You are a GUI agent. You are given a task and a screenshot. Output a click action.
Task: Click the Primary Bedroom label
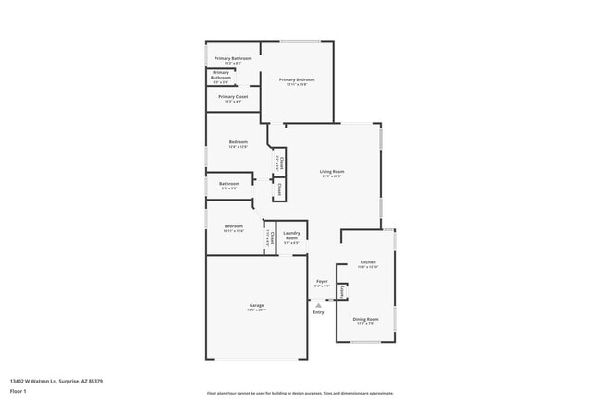point(298,79)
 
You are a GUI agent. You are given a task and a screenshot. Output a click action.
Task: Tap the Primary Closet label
point(233,96)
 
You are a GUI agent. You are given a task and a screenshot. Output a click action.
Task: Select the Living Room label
point(332,171)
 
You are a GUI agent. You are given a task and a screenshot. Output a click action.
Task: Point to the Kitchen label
point(368,262)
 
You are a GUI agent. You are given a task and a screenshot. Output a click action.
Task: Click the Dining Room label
point(365,319)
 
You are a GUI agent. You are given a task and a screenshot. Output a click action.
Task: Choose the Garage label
point(256,305)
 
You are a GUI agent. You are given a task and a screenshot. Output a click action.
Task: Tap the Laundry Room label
point(291,236)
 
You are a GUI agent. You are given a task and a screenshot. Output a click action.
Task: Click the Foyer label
point(322,281)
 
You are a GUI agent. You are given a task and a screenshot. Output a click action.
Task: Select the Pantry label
point(342,292)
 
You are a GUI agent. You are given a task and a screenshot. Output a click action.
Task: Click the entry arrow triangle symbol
point(318,303)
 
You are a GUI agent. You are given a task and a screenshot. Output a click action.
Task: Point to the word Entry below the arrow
point(318,312)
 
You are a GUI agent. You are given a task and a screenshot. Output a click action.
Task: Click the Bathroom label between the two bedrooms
point(229,183)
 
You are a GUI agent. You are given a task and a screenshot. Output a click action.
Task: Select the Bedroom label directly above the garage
point(233,226)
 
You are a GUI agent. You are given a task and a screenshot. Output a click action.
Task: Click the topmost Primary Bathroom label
point(233,58)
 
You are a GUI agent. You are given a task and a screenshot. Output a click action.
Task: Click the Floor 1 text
point(18,391)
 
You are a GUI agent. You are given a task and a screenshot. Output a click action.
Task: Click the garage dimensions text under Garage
point(256,310)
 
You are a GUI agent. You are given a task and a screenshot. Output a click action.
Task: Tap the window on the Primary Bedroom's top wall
point(300,41)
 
